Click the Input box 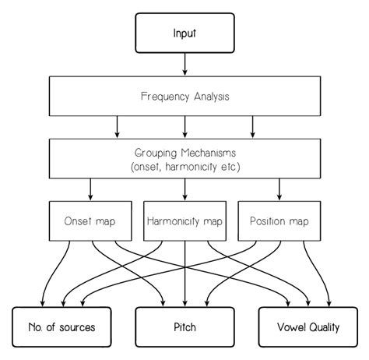point(184,33)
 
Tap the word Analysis point(212,97)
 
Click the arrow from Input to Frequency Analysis point(184,65)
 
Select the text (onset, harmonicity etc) point(185,167)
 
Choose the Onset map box point(90,221)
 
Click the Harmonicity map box point(184,221)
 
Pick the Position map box point(279,221)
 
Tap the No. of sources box point(61,327)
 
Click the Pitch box point(184,327)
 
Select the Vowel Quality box point(308,327)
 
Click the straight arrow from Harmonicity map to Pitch point(184,274)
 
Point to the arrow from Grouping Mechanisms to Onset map point(90,189)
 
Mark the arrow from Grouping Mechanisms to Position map point(279,189)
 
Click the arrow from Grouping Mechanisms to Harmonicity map point(184,189)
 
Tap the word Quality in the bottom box point(325,327)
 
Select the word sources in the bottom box point(77,327)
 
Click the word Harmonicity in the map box point(173,221)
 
